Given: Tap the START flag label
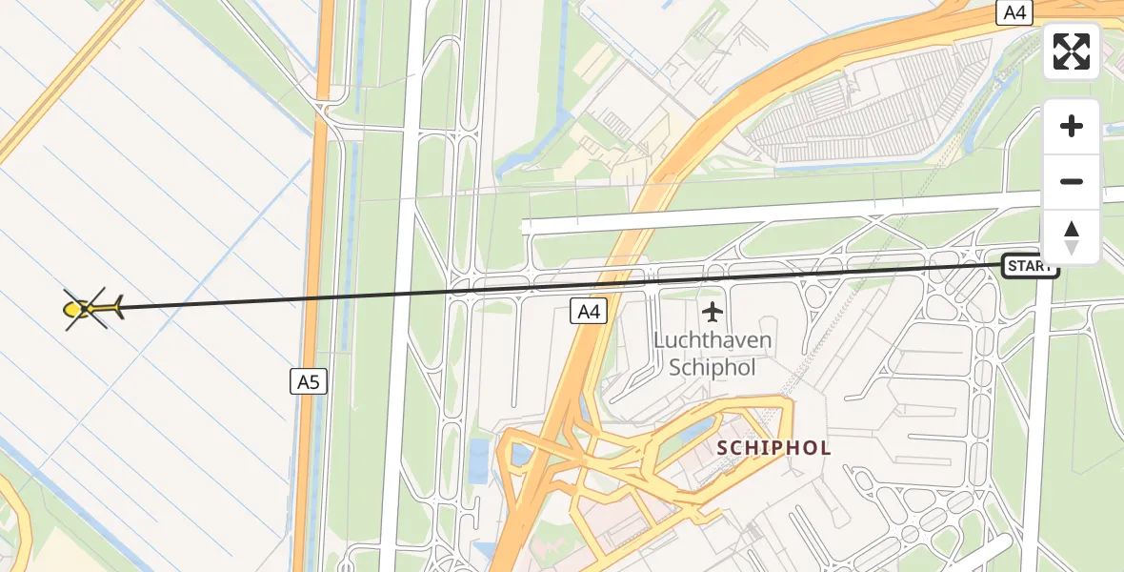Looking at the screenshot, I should coord(1030,267).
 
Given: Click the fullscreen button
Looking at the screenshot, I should coord(1072,51).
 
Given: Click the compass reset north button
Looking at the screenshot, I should coord(1072,237).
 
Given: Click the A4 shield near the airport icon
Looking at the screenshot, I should coord(590,311).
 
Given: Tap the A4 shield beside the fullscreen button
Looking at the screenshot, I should coord(1014,12).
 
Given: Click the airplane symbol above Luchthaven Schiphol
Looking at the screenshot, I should coord(712,312).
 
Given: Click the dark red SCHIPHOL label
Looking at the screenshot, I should coord(773,447).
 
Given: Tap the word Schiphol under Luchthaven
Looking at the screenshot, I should coord(713,368).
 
